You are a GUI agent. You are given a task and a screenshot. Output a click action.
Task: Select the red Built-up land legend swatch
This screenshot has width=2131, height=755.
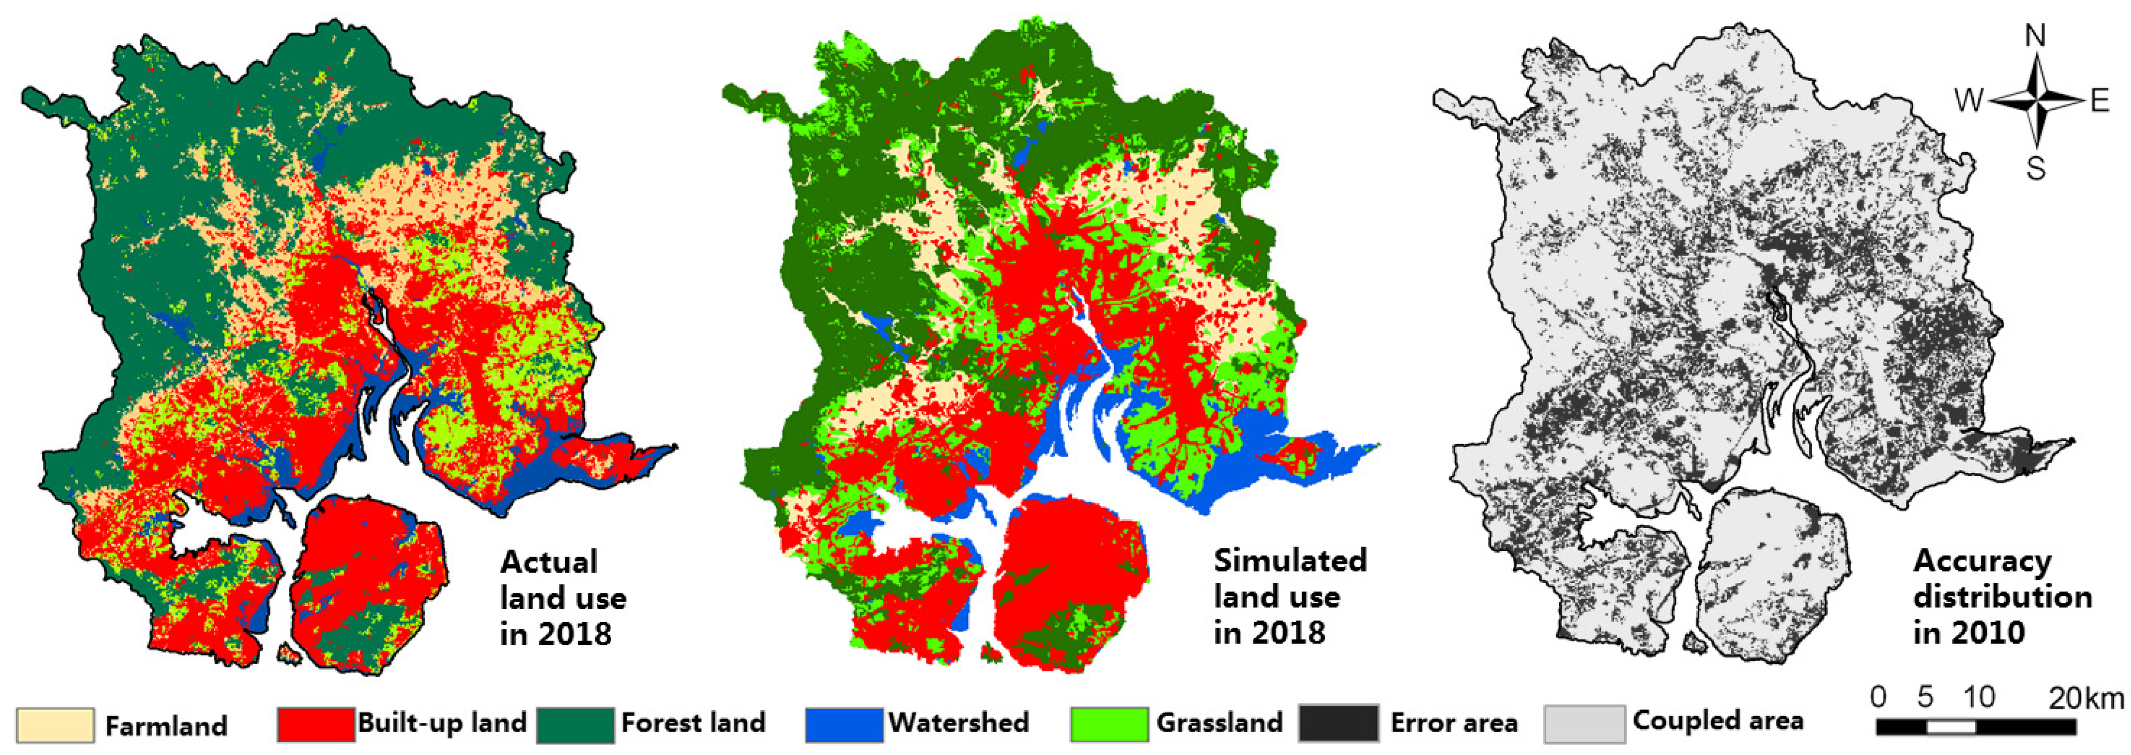click(316, 724)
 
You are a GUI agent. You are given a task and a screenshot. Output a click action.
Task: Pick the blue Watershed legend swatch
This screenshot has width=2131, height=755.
click(844, 724)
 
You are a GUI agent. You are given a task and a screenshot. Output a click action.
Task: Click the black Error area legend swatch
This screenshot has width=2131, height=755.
click(1338, 724)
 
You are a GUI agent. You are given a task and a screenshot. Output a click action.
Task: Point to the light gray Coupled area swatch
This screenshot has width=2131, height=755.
click(1583, 724)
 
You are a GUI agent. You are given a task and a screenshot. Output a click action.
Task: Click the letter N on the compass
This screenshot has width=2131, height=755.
click(2035, 36)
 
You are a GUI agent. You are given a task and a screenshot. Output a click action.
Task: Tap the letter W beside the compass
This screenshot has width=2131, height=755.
click(1969, 101)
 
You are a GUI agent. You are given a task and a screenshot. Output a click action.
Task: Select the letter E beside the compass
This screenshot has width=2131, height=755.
click(2100, 101)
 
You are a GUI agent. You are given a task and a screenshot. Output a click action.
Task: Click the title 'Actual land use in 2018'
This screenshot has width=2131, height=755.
click(562, 597)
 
